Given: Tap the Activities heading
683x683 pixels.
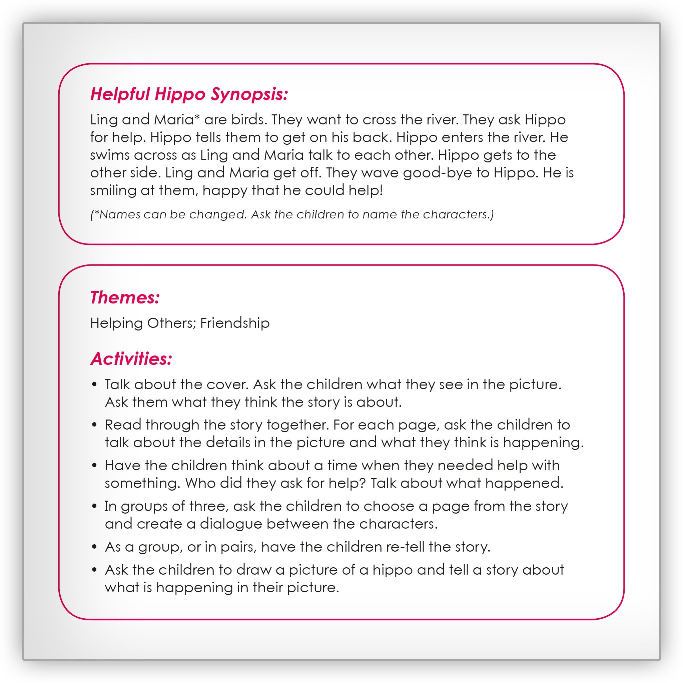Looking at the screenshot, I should tap(131, 359).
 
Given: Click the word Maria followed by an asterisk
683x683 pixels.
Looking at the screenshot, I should tap(174, 119).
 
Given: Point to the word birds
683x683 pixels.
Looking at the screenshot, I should tap(248, 119).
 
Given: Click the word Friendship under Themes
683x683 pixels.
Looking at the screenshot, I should tap(235, 323).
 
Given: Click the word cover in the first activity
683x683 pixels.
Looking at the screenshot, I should tap(227, 384).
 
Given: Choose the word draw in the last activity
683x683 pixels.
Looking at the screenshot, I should tap(253, 570).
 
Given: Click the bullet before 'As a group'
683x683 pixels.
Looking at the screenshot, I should tap(94, 547).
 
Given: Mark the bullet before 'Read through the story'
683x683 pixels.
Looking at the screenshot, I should tap(94, 425).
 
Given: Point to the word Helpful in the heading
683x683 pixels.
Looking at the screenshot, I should tap(120, 94).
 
